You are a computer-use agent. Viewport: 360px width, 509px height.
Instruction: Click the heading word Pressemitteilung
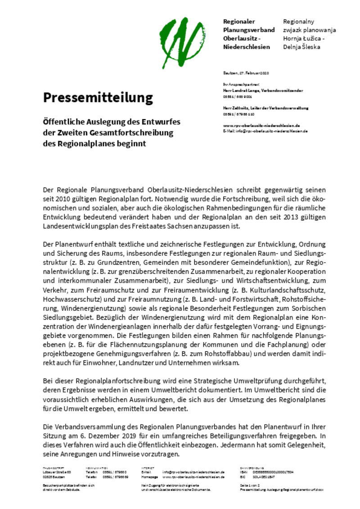pyautogui.click(x=98, y=98)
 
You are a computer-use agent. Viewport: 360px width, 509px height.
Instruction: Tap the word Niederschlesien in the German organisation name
pyautogui.click(x=247, y=47)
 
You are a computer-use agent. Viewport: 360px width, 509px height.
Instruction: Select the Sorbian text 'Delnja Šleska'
pyautogui.click(x=301, y=47)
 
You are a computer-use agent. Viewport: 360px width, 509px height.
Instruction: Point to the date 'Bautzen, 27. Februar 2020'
pyautogui.click(x=246, y=73)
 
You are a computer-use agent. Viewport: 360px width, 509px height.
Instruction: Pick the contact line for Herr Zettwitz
pyautogui.click(x=265, y=108)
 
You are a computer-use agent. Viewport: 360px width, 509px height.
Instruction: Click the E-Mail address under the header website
pyautogui.click(x=265, y=131)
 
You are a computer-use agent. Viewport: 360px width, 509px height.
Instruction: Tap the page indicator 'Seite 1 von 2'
pyautogui.click(x=250, y=485)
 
